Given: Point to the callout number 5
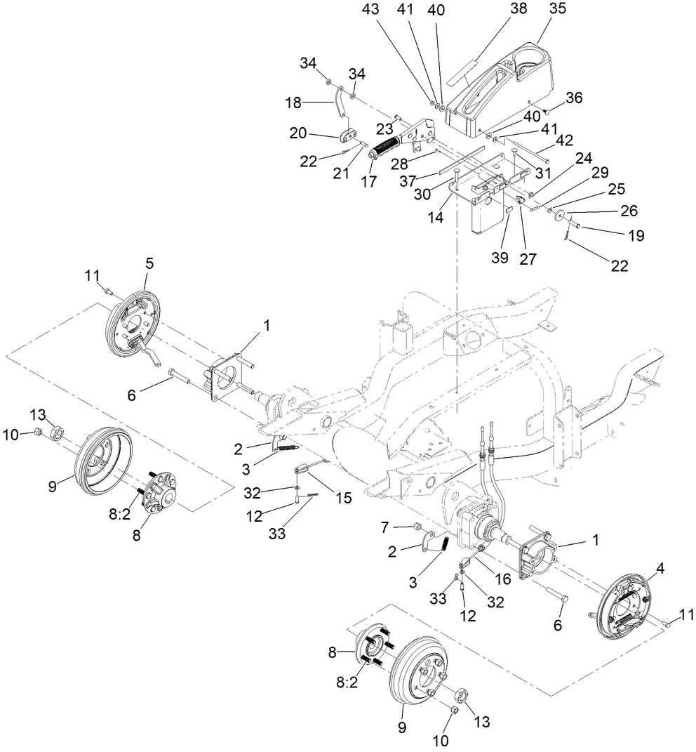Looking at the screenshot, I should (x=149, y=263).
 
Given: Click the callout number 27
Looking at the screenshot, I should (x=527, y=259).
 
